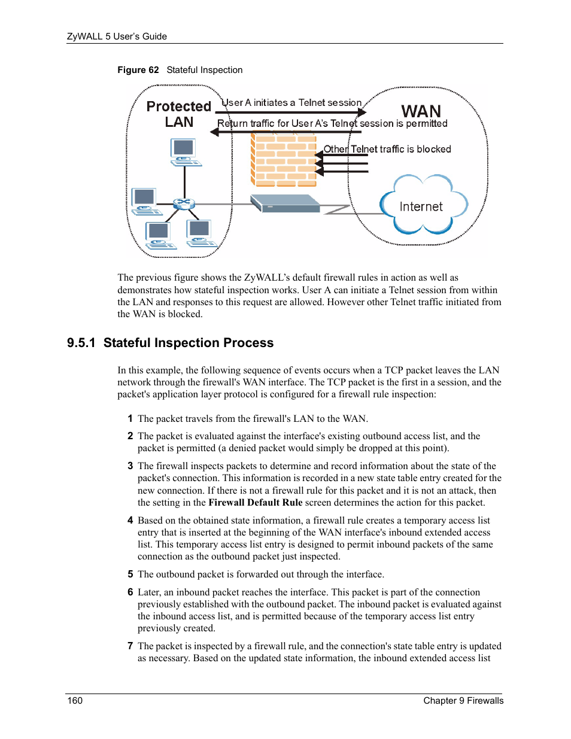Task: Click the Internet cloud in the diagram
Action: point(423,205)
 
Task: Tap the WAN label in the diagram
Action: point(421,111)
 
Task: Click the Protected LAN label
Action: point(179,114)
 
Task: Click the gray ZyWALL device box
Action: point(285,203)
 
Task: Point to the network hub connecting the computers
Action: point(184,203)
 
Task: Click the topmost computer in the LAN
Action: point(184,152)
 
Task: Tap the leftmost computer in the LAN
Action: point(145,201)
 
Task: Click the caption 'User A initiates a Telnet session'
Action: point(291,103)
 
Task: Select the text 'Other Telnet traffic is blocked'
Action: point(387,149)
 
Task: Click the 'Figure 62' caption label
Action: point(138,70)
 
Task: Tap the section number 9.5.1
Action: point(81,343)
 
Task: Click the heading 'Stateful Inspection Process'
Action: point(189,343)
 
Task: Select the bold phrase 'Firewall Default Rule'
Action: point(255,503)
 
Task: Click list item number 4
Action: point(130,521)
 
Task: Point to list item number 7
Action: point(130,646)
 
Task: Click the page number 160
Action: point(75,701)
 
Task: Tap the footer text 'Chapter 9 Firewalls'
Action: point(463,701)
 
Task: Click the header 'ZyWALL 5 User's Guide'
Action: point(117,37)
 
